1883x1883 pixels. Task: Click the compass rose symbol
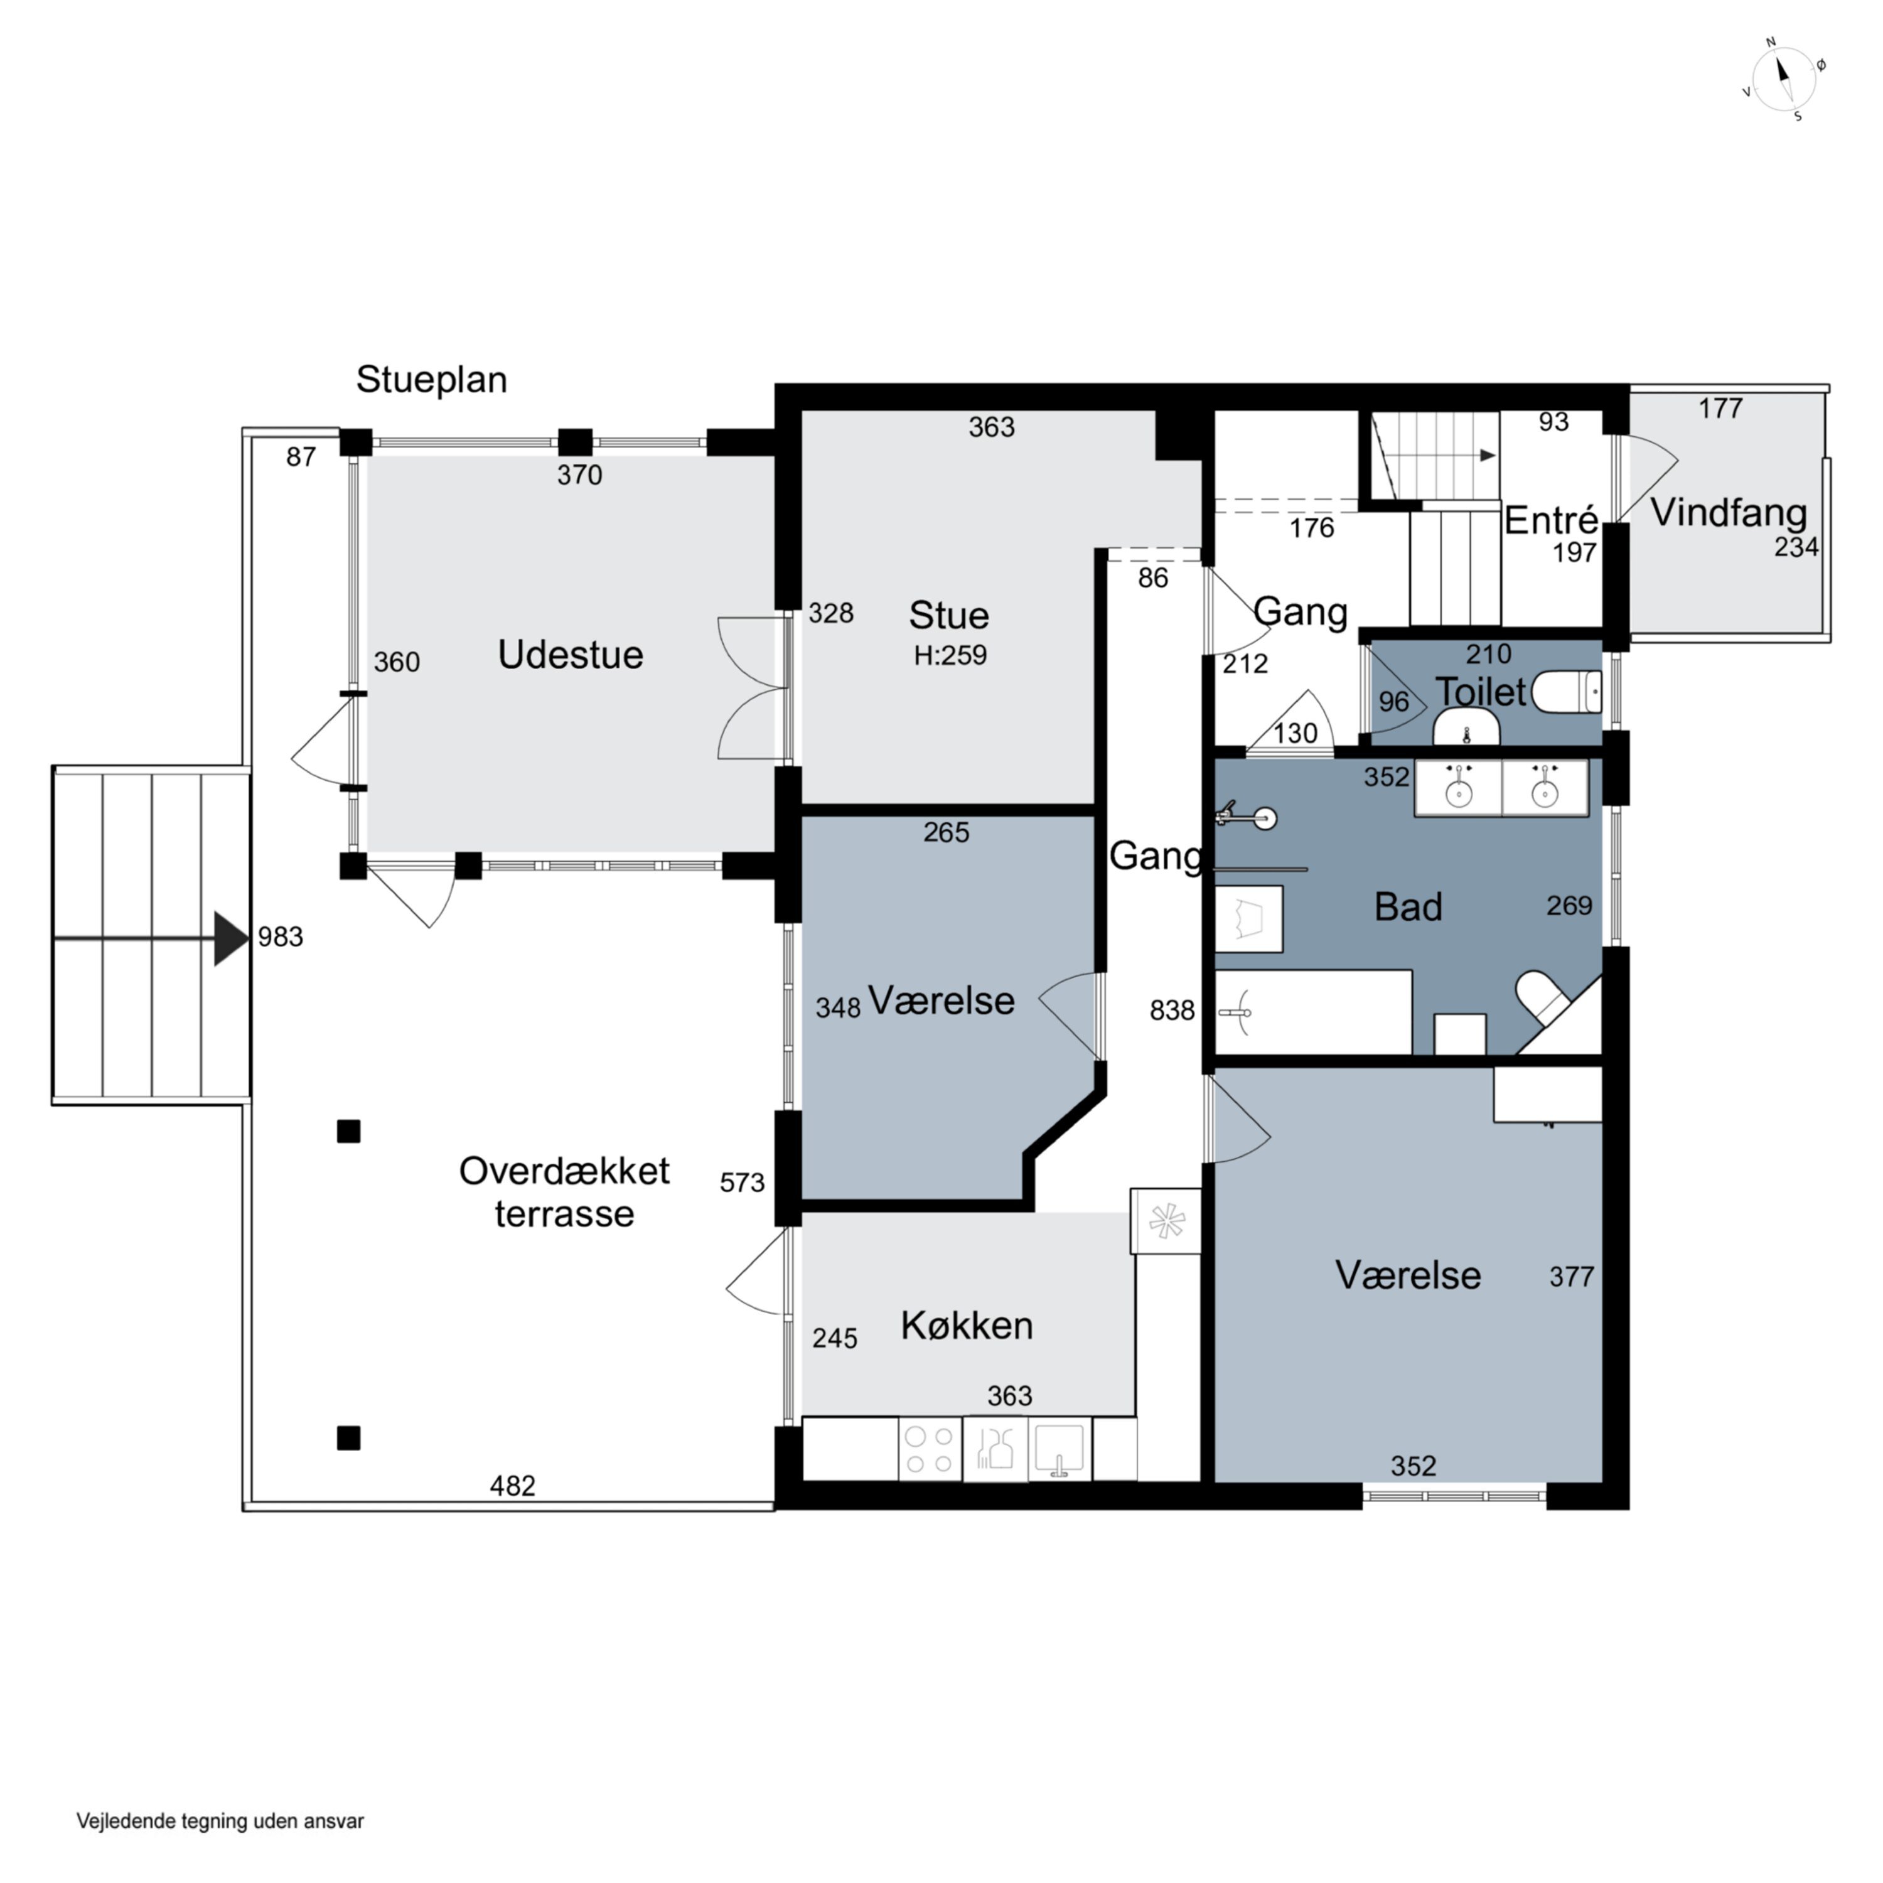coord(1784,80)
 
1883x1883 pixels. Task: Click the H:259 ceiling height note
coord(950,655)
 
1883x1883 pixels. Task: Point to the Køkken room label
coord(966,1326)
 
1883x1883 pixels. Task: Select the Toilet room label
coord(1481,692)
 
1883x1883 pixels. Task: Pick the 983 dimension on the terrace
coord(281,936)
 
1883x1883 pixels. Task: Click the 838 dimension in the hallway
coord(1171,1010)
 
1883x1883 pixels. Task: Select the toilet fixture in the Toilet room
coord(1566,693)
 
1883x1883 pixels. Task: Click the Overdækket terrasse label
coord(564,1192)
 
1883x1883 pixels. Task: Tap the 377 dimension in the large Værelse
coord(1571,1276)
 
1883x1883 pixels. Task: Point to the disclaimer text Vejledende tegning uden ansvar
coord(220,1821)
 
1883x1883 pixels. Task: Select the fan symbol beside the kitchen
coord(1166,1220)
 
